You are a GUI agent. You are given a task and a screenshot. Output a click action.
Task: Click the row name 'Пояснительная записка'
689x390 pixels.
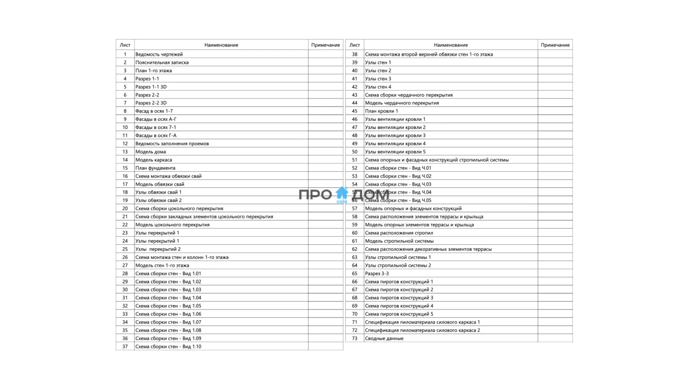(162, 62)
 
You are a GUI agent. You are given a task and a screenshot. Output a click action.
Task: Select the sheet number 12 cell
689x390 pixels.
(125, 144)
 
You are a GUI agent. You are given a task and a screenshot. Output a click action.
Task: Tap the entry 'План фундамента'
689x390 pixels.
(155, 168)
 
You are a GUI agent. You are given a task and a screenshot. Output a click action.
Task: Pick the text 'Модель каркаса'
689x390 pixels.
(153, 160)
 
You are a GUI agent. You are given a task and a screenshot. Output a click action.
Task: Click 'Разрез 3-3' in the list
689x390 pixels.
(377, 274)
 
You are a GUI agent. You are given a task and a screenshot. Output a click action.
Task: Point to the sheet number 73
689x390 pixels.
(355, 339)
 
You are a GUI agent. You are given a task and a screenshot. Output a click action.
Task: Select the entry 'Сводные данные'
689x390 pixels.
(384, 339)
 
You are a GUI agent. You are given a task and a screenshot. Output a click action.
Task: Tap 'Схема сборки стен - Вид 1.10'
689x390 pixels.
(168, 347)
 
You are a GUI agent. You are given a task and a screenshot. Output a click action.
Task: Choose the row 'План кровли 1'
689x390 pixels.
(381, 111)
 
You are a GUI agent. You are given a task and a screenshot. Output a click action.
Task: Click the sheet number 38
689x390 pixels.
(355, 54)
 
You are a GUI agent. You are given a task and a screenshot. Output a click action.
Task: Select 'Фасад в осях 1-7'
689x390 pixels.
(154, 111)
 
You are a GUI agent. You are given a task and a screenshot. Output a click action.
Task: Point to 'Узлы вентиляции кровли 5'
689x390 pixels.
(395, 152)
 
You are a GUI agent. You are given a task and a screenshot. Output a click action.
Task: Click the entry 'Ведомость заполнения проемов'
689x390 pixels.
(172, 144)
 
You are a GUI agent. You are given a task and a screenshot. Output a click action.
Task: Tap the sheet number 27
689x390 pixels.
(125, 266)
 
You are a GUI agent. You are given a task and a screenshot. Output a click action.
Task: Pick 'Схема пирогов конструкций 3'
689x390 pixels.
(399, 298)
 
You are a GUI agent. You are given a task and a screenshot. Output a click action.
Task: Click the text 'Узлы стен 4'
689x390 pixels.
(378, 87)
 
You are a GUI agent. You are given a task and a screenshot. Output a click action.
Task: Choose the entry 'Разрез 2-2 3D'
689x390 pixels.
(151, 103)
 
